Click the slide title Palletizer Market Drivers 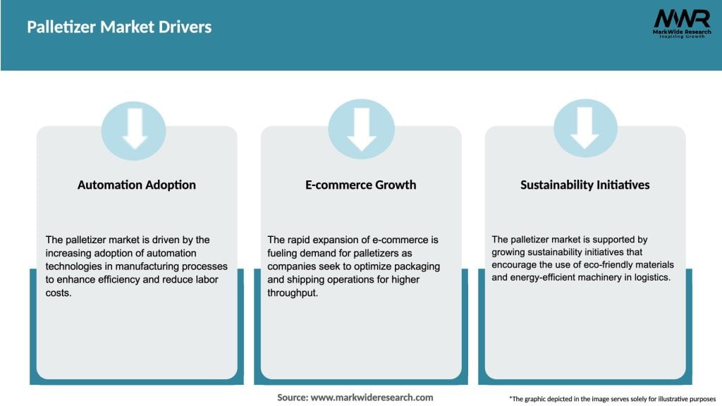[119, 27]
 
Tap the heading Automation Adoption [137, 185]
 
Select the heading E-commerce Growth [361, 185]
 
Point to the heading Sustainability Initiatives [585, 185]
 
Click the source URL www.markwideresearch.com [372, 398]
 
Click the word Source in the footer [292, 398]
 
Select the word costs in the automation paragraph [59, 292]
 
